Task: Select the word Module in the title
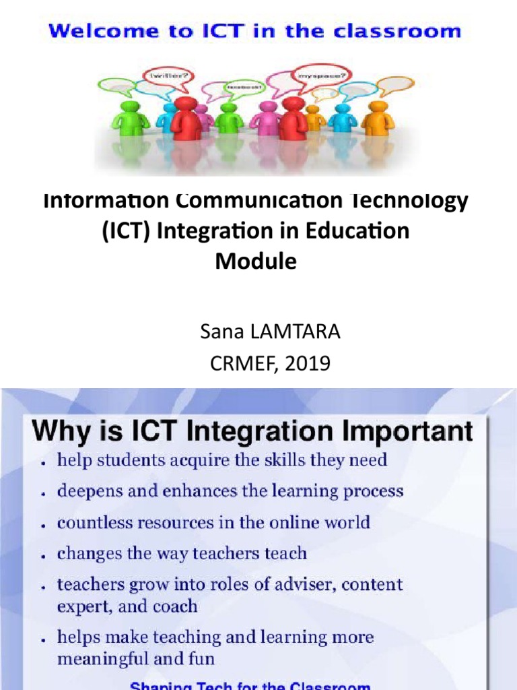[256, 261]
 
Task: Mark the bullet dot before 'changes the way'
[42, 557]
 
